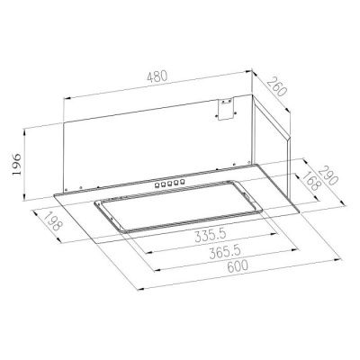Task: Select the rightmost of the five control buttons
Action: [185, 183]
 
